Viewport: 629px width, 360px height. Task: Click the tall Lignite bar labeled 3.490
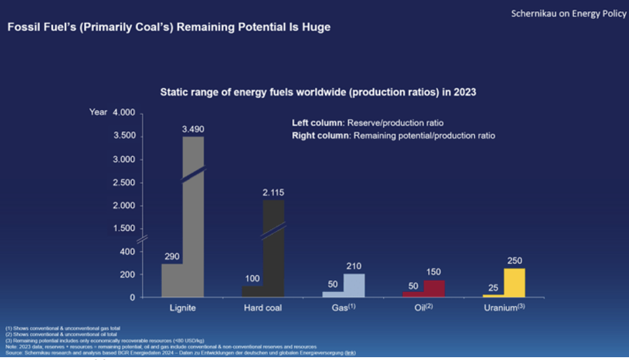tap(193, 217)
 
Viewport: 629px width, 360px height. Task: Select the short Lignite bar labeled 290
tap(172, 280)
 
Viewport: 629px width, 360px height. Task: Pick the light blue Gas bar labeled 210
tap(354, 285)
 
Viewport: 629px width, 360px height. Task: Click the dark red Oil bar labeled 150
tap(434, 289)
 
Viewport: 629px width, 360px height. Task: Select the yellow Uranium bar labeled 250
tap(514, 283)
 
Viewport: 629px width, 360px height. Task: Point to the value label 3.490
tap(193, 130)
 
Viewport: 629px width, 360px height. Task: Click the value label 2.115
tap(273, 192)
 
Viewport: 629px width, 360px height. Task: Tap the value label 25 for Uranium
tap(493, 287)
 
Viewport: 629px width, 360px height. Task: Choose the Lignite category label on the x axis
tap(182, 308)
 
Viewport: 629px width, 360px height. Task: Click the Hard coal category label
tap(263, 308)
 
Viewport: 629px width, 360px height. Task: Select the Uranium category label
tap(503, 308)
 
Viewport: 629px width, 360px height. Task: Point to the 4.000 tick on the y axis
tap(123, 113)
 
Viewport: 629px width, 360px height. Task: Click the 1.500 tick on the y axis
tap(123, 228)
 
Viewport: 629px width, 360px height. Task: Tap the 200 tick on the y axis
tap(127, 275)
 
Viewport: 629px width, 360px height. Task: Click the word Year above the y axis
tap(97, 113)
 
